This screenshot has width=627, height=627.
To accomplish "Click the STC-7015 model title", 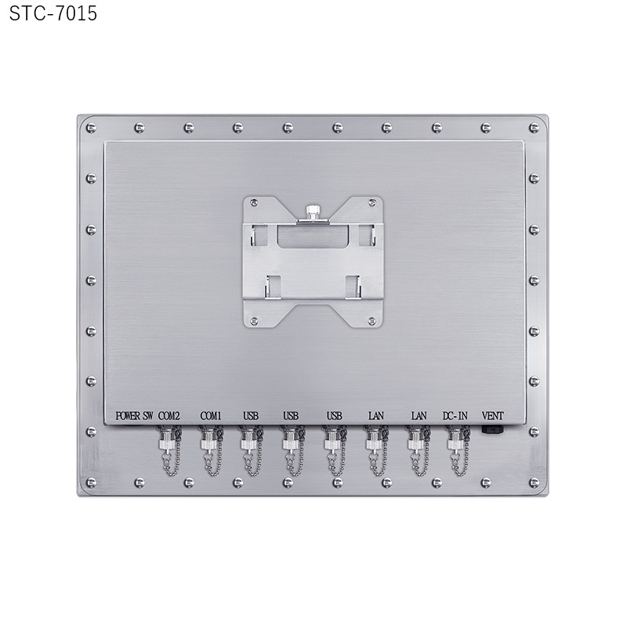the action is tap(53, 13).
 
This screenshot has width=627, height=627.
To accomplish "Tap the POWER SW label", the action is tap(134, 416).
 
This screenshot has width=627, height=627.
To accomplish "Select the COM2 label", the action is tap(169, 416).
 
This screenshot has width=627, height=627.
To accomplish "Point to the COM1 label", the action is tap(211, 416).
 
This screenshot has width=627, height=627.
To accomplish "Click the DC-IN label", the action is tap(455, 416).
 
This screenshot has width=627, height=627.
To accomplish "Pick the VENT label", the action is tap(493, 416).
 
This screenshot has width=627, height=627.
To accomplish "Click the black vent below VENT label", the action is tap(493, 430).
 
